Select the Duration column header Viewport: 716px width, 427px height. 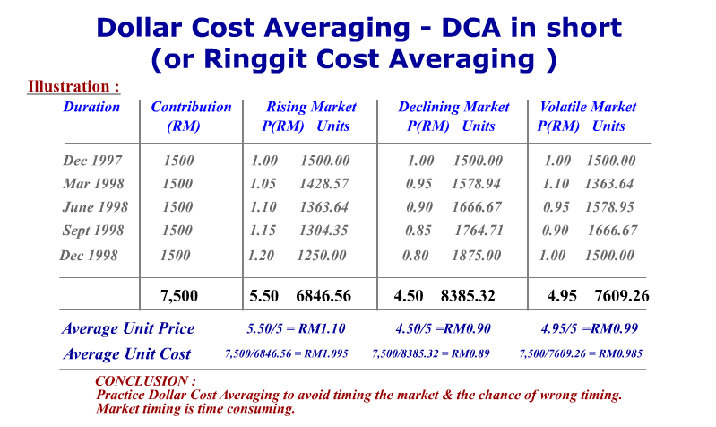click(91, 107)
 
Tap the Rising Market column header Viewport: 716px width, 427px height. click(311, 107)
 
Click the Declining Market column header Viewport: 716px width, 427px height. click(453, 107)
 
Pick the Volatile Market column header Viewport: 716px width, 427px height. click(588, 107)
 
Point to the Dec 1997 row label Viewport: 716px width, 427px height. click(92, 161)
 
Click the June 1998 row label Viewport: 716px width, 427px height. click(95, 207)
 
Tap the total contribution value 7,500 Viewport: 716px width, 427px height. click(179, 295)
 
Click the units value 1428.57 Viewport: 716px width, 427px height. click(323, 184)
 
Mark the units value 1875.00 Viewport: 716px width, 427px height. click(476, 256)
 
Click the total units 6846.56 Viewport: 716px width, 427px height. click(323, 295)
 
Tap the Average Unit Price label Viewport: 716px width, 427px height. click(128, 328)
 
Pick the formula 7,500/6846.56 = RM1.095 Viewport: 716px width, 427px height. click(286, 354)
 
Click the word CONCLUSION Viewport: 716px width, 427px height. click(145, 381)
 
